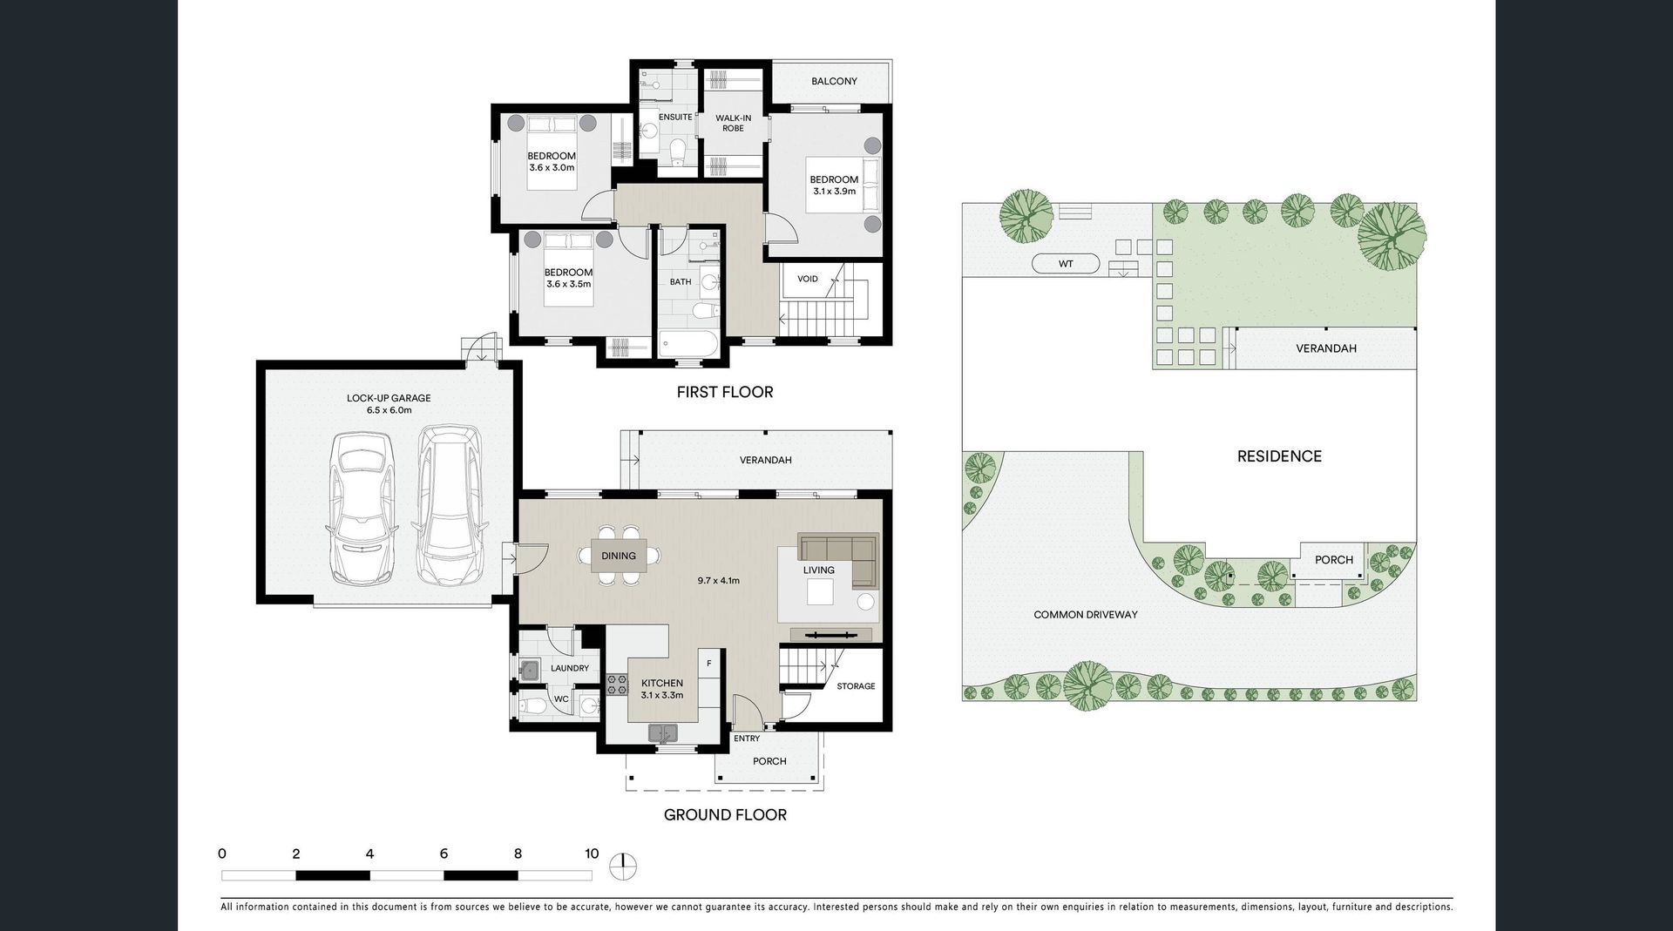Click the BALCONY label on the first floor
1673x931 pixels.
pyautogui.click(x=834, y=81)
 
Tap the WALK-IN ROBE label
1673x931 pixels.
pyautogui.click(x=733, y=123)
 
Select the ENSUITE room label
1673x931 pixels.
pyautogui.click(x=675, y=117)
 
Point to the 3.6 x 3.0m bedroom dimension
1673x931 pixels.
pyautogui.click(x=552, y=167)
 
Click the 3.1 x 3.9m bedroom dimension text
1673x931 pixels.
pyautogui.click(x=834, y=191)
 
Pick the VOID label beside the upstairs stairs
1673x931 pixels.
pyautogui.click(x=808, y=279)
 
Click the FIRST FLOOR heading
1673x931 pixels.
pyautogui.click(x=725, y=392)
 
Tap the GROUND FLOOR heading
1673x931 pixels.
pyautogui.click(x=725, y=814)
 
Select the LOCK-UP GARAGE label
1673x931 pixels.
pyautogui.click(x=389, y=398)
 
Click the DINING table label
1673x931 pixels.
pyautogui.click(x=619, y=556)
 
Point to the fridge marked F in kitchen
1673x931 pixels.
pyautogui.click(x=709, y=664)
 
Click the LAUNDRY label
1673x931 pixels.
pyautogui.click(x=570, y=668)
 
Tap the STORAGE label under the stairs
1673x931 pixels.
pyautogui.click(x=856, y=686)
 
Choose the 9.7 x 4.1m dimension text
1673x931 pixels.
pyautogui.click(x=718, y=580)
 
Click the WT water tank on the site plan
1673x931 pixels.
pyautogui.click(x=1066, y=263)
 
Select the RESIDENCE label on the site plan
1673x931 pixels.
pyautogui.click(x=1279, y=456)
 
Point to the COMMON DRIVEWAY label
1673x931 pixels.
pyautogui.click(x=1086, y=614)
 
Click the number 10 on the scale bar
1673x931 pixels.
pyautogui.click(x=592, y=853)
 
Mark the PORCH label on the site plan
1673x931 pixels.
pyautogui.click(x=1334, y=560)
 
